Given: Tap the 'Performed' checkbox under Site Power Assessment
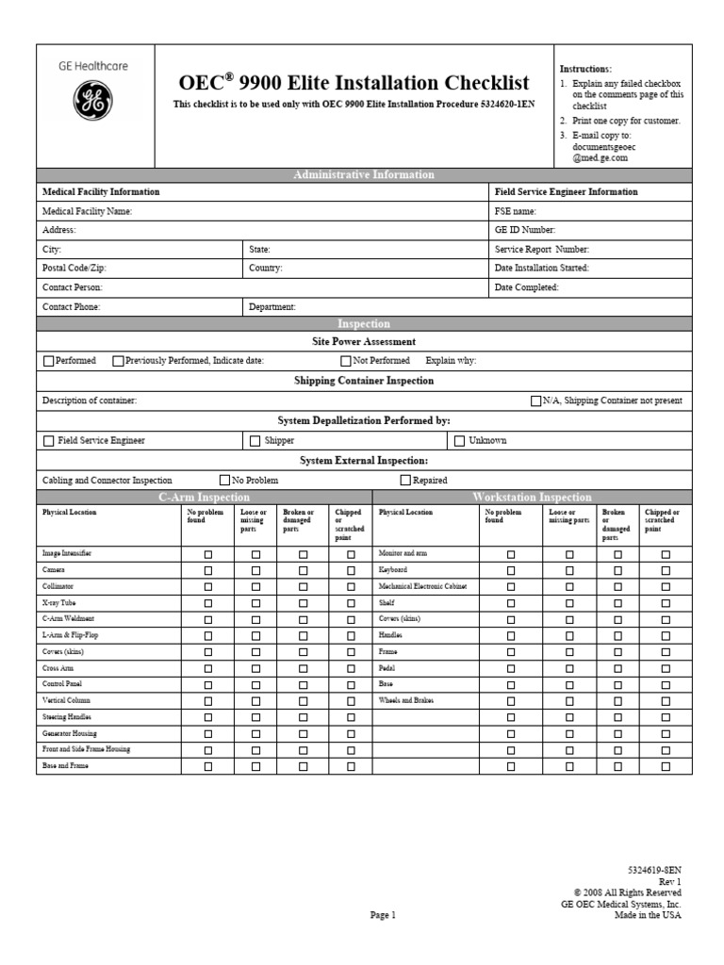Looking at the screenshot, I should point(48,360).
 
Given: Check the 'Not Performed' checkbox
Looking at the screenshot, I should point(346,360).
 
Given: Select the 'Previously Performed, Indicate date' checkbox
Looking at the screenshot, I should point(118,360).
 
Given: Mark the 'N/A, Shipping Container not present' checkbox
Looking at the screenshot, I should point(536,401).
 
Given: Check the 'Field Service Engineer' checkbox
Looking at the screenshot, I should point(48,440).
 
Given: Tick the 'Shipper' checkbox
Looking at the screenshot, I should point(255,440).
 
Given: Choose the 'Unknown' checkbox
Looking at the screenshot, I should point(460,440).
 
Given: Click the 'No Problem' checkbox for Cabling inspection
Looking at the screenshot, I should point(224,480).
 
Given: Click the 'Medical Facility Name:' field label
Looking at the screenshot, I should point(87,211).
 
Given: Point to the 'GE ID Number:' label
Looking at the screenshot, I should point(525,229).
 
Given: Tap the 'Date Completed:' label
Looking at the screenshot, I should point(527,286).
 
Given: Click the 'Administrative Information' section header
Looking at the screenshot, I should point(364,174).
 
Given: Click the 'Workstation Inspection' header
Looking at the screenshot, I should point(533,497).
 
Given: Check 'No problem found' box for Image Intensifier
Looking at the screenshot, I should point(208,555).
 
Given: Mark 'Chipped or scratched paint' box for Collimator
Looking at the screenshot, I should point(351,587).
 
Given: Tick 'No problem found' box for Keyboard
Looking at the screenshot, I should point(511,571).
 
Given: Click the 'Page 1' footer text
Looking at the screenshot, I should point(383,914).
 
